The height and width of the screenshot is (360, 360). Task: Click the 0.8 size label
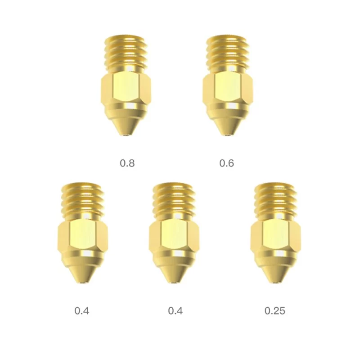pos(127,163)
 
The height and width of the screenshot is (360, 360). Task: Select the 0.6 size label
pos(226,163)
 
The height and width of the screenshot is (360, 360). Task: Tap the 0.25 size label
pos(274,310)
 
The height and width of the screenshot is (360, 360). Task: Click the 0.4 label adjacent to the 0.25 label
pos(175,310)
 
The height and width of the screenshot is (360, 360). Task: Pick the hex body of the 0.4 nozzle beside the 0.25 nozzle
pos(174,236)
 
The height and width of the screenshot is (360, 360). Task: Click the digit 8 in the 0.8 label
pos(131,163)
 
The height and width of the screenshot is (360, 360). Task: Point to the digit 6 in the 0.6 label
pos(231,163)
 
